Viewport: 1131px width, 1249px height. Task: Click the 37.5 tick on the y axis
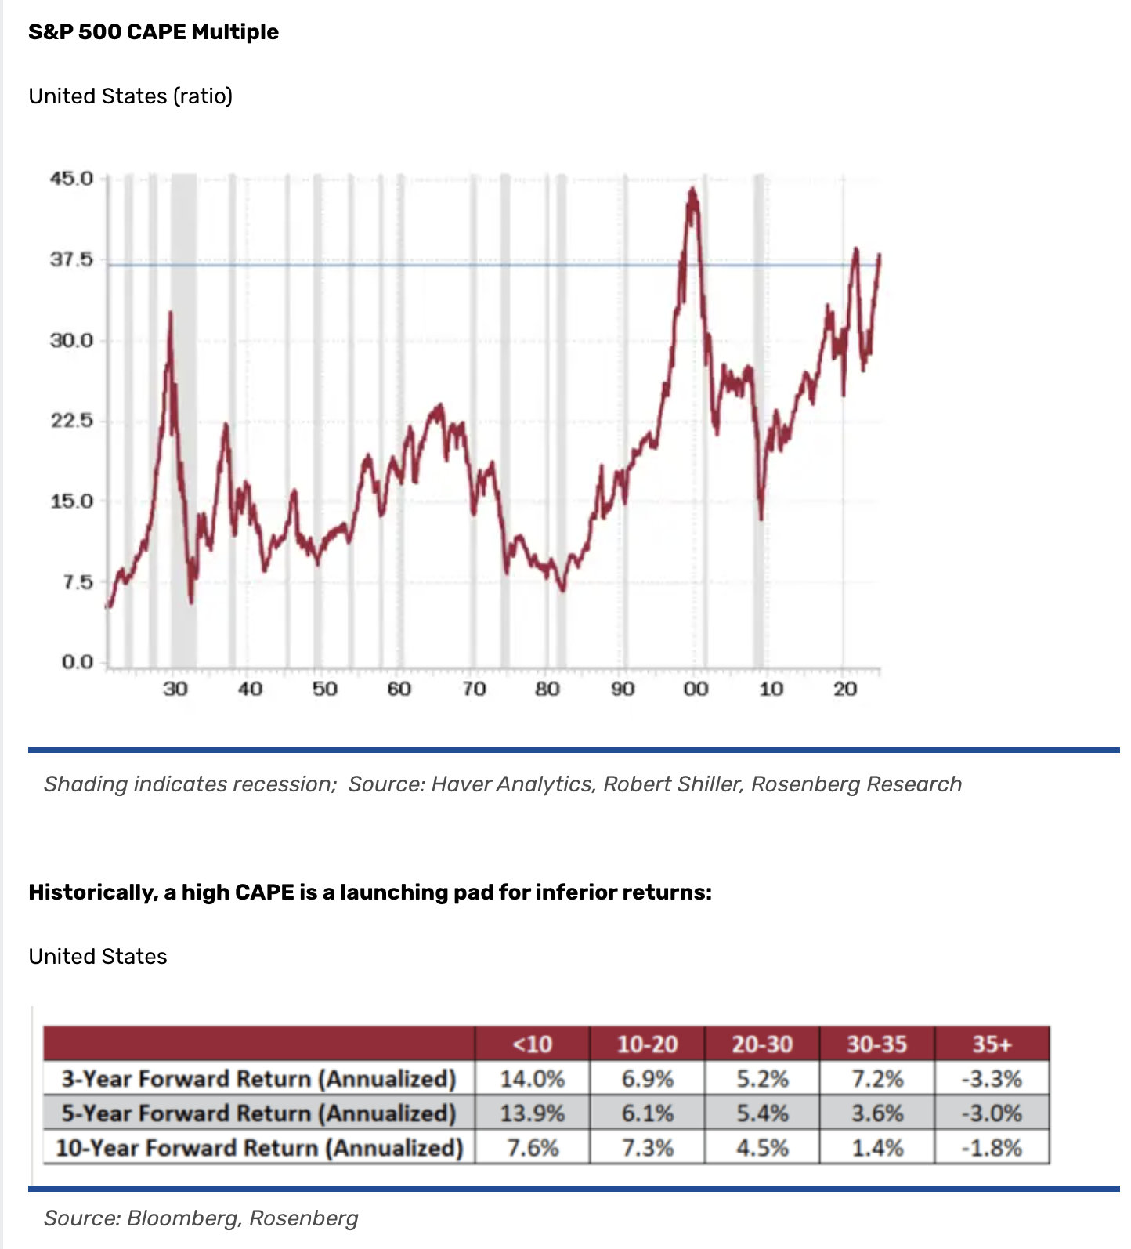(72, 259)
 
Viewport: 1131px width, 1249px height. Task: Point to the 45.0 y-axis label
(72, 179)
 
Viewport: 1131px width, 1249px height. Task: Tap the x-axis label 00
(696, 689)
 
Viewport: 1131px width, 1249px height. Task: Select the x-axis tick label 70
(473, 689)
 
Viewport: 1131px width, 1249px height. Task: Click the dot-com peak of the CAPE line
(692, 190)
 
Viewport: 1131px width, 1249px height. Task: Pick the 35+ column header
(992, 1044)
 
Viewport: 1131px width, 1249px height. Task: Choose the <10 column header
(532, 1044)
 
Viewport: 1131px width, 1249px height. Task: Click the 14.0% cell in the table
(532, 1079)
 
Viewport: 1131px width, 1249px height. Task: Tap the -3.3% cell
(992, 1079)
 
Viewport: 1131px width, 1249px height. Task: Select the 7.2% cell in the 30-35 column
(877, 1079)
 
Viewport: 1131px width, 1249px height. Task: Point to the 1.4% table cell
(877, 1148)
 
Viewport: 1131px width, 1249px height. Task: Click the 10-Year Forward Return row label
(259, 1148)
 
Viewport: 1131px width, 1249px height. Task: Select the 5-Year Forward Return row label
(259, 1113)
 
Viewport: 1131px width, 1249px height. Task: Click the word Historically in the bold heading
(92, 892)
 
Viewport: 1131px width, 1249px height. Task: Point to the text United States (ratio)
(131, 96)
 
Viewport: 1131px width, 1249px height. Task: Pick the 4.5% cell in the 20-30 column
(762, 1148)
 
